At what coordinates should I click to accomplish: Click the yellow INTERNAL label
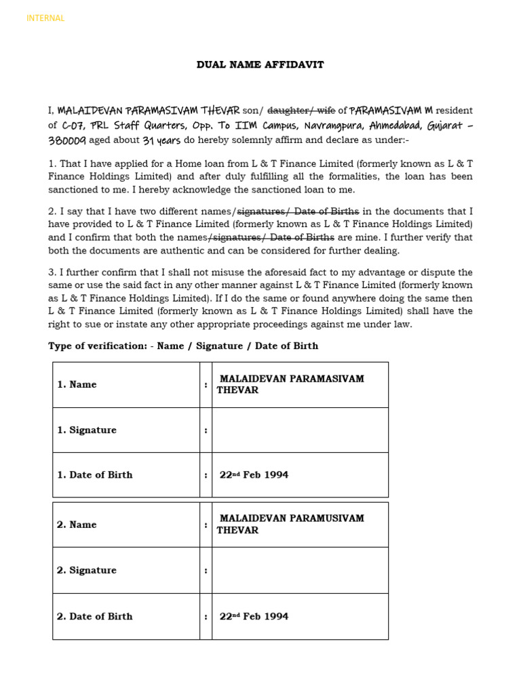pos(45,18)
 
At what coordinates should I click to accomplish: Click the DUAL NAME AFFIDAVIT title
pos(260,65)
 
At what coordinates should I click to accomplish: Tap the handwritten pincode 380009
pos(67,141)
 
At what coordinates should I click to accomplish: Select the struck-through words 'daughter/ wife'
pos(301,110)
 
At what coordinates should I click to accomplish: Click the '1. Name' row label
pos(77,384)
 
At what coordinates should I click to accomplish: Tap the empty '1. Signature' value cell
pos(300,430)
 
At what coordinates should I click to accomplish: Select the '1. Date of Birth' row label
pos(95,475)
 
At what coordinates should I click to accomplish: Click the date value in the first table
pos(254,475)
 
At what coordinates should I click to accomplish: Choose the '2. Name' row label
pos(77,525)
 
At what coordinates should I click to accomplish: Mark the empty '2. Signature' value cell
pos(300,570)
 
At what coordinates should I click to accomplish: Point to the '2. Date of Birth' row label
pos(95,616)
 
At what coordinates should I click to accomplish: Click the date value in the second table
pos(254,616)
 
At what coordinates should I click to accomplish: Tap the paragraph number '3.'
pos(52,272)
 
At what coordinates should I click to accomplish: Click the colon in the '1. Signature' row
pos(206,430)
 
